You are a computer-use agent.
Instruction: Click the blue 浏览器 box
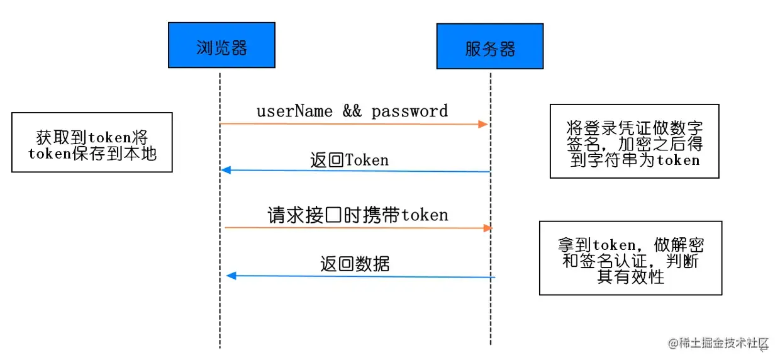(x=221, y=45)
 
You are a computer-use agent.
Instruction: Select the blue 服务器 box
(x=490, y=46)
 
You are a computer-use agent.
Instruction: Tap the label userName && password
(x=352, y=111)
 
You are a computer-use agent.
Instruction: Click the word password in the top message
(x=409, y=111)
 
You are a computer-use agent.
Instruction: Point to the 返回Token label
(x=349, y=160)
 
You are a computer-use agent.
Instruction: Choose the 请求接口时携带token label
(x=358, y=215)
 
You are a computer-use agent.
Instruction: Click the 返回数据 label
(x=355, y=264)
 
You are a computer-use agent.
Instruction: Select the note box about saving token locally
(x=92, y=142)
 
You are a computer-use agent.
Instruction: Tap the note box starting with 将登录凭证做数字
(x=633, y=141)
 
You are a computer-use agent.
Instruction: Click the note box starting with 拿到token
(x=630, y=257)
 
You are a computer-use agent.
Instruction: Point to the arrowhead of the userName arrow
(x=483, y=125)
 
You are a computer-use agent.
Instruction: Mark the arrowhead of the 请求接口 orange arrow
(x=487, y=228)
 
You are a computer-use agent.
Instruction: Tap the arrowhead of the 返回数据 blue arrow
(x=231, y=276)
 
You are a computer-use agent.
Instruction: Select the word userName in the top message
(x=294, y=111)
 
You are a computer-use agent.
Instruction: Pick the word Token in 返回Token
(x=367, y=160)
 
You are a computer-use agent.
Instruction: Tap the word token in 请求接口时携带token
(x=425, y=215)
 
